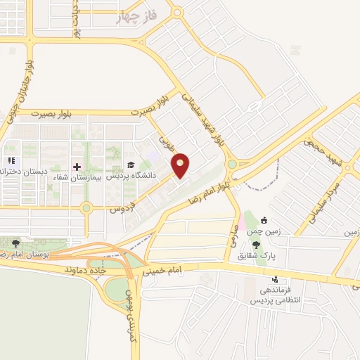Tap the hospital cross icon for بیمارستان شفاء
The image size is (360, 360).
[77, 167]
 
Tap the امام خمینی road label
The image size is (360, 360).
[163, 268]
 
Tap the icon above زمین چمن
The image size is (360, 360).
[264, 220]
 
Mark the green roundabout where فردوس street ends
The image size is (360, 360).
[86, 208]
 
